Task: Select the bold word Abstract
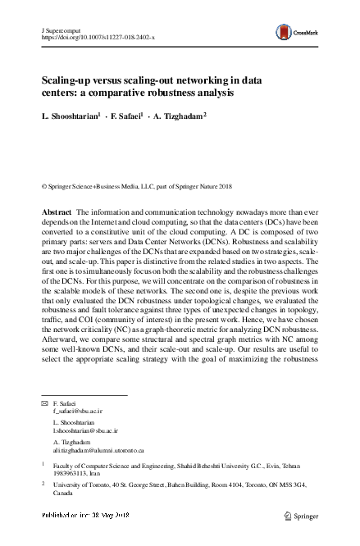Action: pyautogui.click(x=57, y=212)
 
